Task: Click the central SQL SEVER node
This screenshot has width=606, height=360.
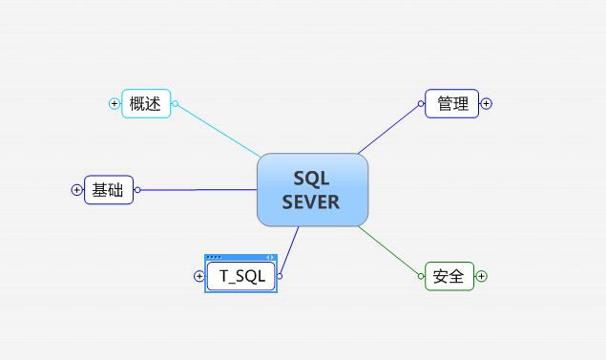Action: (312, 190)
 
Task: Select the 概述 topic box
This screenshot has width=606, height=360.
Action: (146, 104)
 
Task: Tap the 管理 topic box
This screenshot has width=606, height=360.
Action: (452, 104)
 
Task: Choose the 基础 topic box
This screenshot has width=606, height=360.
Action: (109, 190)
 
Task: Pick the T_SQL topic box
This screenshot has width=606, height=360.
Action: (240, 276)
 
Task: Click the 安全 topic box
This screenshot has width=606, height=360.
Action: (449, 277)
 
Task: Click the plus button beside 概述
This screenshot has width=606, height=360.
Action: (115, 104)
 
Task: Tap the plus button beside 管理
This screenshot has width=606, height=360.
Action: (486, 104)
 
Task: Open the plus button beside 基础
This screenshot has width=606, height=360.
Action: (77, 190)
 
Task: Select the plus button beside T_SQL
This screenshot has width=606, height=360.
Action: (199, 276)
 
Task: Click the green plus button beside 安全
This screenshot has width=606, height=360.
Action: (481, 276)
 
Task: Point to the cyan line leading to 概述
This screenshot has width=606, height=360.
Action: (219, 130)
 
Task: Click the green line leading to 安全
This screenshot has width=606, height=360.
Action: (391, 251)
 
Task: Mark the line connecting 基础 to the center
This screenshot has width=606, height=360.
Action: (196, 190)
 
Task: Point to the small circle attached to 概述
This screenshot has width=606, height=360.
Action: (175, 104)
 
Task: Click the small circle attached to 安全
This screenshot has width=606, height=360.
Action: (421, 276)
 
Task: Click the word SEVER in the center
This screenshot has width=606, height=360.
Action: (312, 202)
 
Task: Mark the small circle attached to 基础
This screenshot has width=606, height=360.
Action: (137, 190)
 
